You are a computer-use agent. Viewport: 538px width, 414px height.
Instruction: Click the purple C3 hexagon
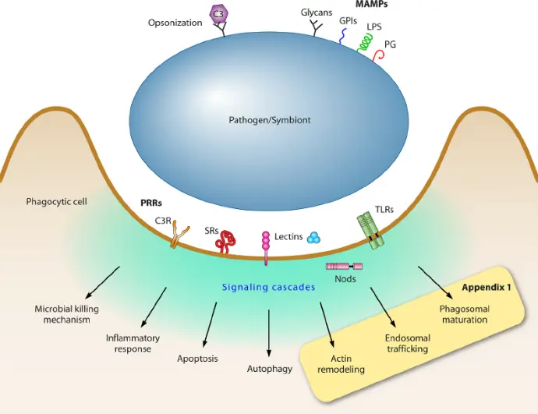tap(218, 14)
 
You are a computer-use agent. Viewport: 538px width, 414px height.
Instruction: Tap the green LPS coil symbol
tap(366, 43)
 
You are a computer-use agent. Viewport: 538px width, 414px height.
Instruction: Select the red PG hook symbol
tap(379, 55)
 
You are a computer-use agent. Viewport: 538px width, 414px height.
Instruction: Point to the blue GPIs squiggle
tap(343, 37)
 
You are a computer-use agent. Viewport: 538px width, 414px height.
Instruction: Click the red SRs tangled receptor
tap(226, 242)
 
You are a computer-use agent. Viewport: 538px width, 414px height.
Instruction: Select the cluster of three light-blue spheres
tap(314, 237)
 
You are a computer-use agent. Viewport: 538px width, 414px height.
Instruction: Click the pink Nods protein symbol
tap(344, 266)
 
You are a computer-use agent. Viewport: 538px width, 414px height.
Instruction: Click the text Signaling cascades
tap(269, 287)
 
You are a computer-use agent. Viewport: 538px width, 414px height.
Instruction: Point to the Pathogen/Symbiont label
tap(270, 120)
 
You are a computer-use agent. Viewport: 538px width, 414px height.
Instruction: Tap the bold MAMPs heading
tap(372, 4)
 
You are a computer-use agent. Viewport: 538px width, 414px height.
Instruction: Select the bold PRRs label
tap(151, 203)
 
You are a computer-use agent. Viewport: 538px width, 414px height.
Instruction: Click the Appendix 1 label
tap(487, 288)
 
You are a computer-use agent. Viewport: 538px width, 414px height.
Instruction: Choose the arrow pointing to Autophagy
tap(269, 334)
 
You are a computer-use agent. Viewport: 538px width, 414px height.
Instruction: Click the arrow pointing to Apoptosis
tap(210, 324)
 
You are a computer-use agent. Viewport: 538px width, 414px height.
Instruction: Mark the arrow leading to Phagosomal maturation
tap(435, 283)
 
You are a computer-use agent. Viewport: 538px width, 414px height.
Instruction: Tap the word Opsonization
tap(175, 23)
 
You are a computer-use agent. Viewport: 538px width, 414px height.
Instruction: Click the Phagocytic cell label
tap(57, 202)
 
